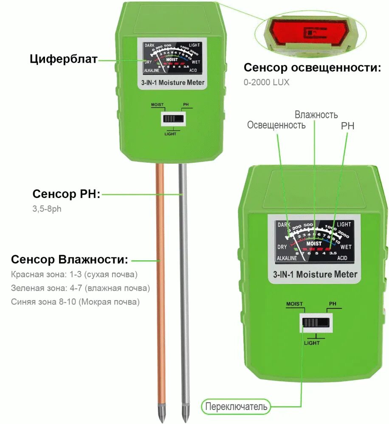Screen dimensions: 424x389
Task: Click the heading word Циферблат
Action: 64,59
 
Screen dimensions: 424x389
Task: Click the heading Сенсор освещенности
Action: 312,68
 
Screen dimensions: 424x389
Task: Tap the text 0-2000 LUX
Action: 266,82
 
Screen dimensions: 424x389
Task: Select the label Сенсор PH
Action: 66,194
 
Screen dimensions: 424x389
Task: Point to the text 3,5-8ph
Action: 47,209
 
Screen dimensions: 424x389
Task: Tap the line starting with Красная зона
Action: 74,275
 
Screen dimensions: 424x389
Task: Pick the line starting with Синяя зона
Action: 76,302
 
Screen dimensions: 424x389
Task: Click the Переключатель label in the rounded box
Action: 237,407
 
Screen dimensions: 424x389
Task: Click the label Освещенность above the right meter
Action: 276,125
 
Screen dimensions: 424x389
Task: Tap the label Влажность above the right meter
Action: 316,114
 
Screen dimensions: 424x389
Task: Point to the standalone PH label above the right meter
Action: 347,126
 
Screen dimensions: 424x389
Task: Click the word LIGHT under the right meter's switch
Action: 312,343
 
